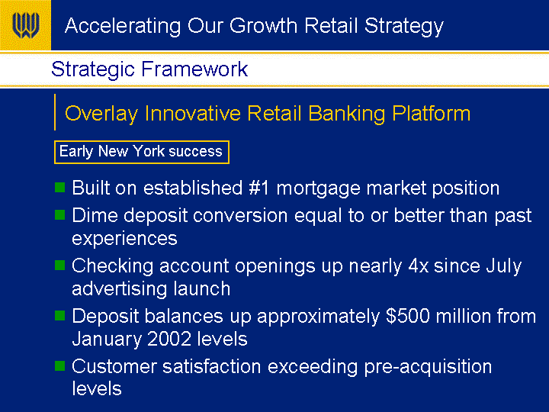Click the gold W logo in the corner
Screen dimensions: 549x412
coord(25,25)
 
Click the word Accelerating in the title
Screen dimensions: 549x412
coord(123,27)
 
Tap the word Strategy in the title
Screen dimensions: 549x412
coord(403,27)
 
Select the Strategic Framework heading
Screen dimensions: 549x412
coord(149,69)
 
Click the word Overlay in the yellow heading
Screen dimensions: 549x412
coord(101,114)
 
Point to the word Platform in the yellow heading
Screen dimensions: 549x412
coord(432,113)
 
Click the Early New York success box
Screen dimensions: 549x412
coord(142,152)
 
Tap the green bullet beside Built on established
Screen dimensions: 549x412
coord(60,187)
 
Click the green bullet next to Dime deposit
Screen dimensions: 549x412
coord(60,214)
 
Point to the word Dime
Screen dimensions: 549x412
coord(95,215)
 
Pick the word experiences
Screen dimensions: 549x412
coord(124,239)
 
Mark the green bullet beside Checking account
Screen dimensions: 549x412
coord(60,265)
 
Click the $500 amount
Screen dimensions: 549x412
coord(408,316)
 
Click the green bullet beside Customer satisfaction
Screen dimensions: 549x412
coord(60,365)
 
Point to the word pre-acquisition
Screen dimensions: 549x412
coord(428,368)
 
